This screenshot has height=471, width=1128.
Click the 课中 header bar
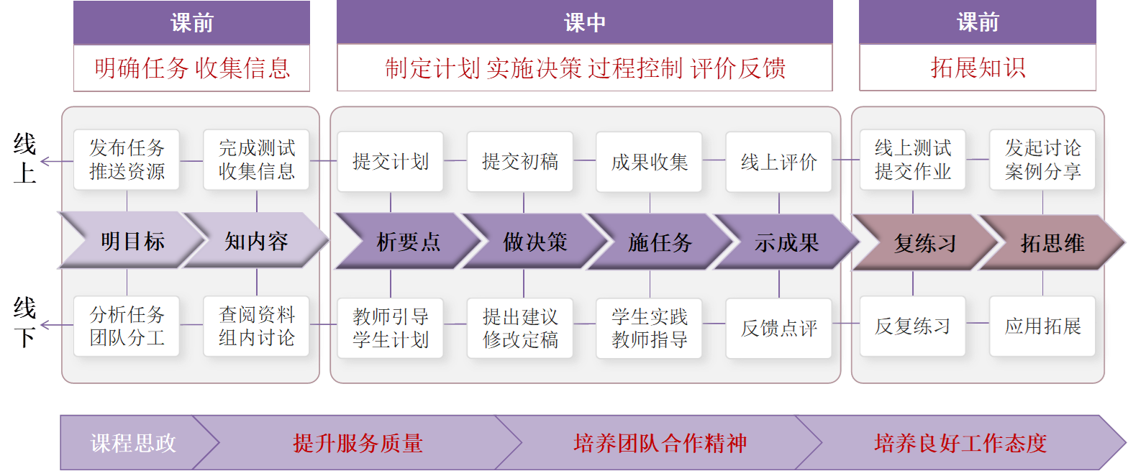pos(584,22)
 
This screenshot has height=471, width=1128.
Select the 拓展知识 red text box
pos(978,68)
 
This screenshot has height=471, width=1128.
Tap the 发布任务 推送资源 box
pos(127,160)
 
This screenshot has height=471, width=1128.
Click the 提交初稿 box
pos(519,161)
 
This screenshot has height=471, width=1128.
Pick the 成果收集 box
pos(649,161)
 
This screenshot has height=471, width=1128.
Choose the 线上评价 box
pos(778,161)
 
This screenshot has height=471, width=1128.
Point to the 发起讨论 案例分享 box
pos(1042,160)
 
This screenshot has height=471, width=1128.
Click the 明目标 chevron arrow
pos(129,241)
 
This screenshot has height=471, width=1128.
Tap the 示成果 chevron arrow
pos(786,242)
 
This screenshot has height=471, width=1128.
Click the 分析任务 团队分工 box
pos(127,326)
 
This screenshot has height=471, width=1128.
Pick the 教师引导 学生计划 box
pos(391,328)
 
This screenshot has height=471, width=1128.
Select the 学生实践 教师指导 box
pos(649,328)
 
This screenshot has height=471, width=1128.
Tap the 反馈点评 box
pos(778,328)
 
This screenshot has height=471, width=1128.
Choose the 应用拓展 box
pos(1042,326)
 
